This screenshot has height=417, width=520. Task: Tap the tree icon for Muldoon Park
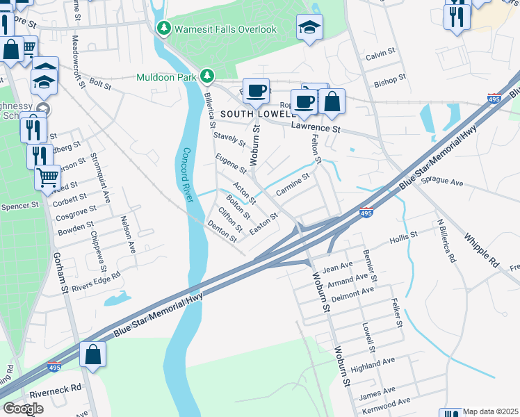click(206, 76)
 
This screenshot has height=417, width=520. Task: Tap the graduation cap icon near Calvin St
click(309, 28)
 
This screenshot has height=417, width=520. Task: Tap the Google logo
click(23, 409)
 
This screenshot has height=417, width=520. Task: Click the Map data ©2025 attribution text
click(491, 411)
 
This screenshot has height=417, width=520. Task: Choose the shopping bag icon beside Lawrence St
click(332, 101)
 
